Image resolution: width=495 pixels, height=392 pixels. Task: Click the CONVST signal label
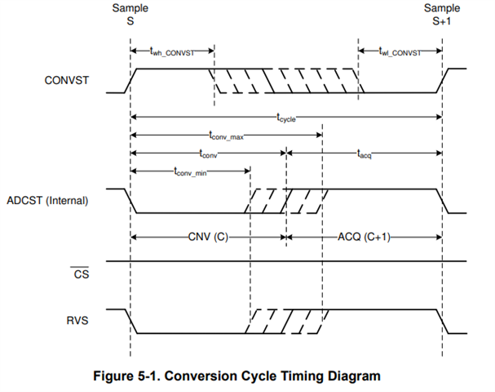67,80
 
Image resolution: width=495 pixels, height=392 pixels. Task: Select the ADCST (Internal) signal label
47,200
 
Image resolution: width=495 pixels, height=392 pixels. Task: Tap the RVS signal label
77,321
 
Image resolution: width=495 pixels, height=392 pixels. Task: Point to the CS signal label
81,274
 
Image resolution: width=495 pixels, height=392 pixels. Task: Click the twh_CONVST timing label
172,51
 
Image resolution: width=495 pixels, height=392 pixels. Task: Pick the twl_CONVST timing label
400,51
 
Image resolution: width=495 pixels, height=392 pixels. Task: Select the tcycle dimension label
286,118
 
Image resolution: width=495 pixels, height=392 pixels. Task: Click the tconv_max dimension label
226,136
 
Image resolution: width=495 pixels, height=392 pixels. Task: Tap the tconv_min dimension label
190,171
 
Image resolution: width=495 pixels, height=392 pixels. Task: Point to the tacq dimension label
364,154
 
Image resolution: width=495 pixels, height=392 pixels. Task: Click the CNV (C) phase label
208,237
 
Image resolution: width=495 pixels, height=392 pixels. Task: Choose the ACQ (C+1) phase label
364,237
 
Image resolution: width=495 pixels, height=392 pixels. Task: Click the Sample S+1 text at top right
442,15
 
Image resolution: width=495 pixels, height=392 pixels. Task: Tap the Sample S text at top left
130,15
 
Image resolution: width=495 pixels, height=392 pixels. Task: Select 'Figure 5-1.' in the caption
127,376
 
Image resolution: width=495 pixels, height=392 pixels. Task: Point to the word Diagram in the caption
354,376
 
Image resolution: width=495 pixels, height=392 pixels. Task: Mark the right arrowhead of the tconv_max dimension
319,136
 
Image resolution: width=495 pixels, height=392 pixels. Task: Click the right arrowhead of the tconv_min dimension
247,171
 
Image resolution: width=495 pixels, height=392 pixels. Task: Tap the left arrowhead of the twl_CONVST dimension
362,51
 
